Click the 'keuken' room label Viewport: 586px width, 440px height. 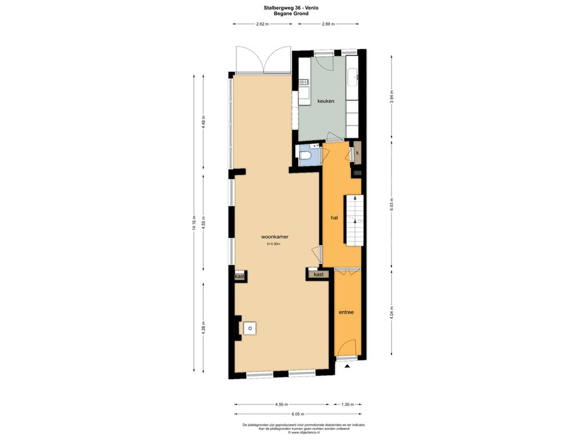pos(326,101)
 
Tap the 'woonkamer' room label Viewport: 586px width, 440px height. pos(275,237)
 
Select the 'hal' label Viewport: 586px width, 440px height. pos(334,217)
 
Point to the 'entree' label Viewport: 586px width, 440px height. pos(346,312)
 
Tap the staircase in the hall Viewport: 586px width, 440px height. pos(354,220)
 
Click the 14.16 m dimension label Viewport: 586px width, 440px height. pos(194,223)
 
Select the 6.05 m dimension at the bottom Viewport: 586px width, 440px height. pos(298,414)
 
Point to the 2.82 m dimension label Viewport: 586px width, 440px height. pos(262,24)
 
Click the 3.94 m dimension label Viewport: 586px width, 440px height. pos(391,97)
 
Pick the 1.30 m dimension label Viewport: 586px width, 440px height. pos(347,404)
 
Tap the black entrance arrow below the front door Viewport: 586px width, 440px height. pos(347,367)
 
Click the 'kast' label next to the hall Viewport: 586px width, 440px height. pos(319,274)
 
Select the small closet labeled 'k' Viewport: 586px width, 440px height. pos(358,152)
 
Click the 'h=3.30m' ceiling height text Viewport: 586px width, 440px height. pos(274,244)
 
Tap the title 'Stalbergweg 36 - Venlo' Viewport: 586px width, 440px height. pos(291,7)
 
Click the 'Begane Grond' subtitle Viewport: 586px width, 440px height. pos(291,14)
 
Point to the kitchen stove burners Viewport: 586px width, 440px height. pos(304,82)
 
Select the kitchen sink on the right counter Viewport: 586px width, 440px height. pos(352,77)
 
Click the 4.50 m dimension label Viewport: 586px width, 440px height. pos(282,404)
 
